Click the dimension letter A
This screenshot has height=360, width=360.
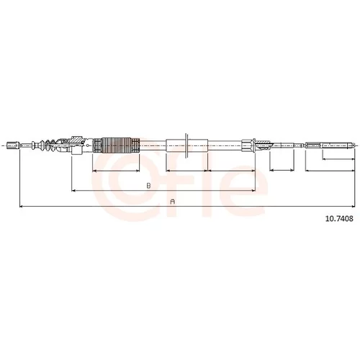(x=172, y=202)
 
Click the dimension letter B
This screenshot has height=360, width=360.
(x=149, y=186)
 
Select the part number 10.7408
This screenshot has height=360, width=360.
(x=339, y=219)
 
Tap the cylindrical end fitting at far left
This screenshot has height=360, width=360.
(x=13, y=145)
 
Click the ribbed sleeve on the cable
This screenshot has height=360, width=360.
(x=117, y=145)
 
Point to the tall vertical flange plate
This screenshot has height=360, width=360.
(x=186, y=145)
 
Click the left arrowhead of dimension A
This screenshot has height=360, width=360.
(x=21, y=206)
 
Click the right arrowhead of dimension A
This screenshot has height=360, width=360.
(x=353, y=206)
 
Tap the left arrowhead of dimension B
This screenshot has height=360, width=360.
(x=74, y=191)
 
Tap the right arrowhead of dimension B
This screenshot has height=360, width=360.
(x=253, y=191)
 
